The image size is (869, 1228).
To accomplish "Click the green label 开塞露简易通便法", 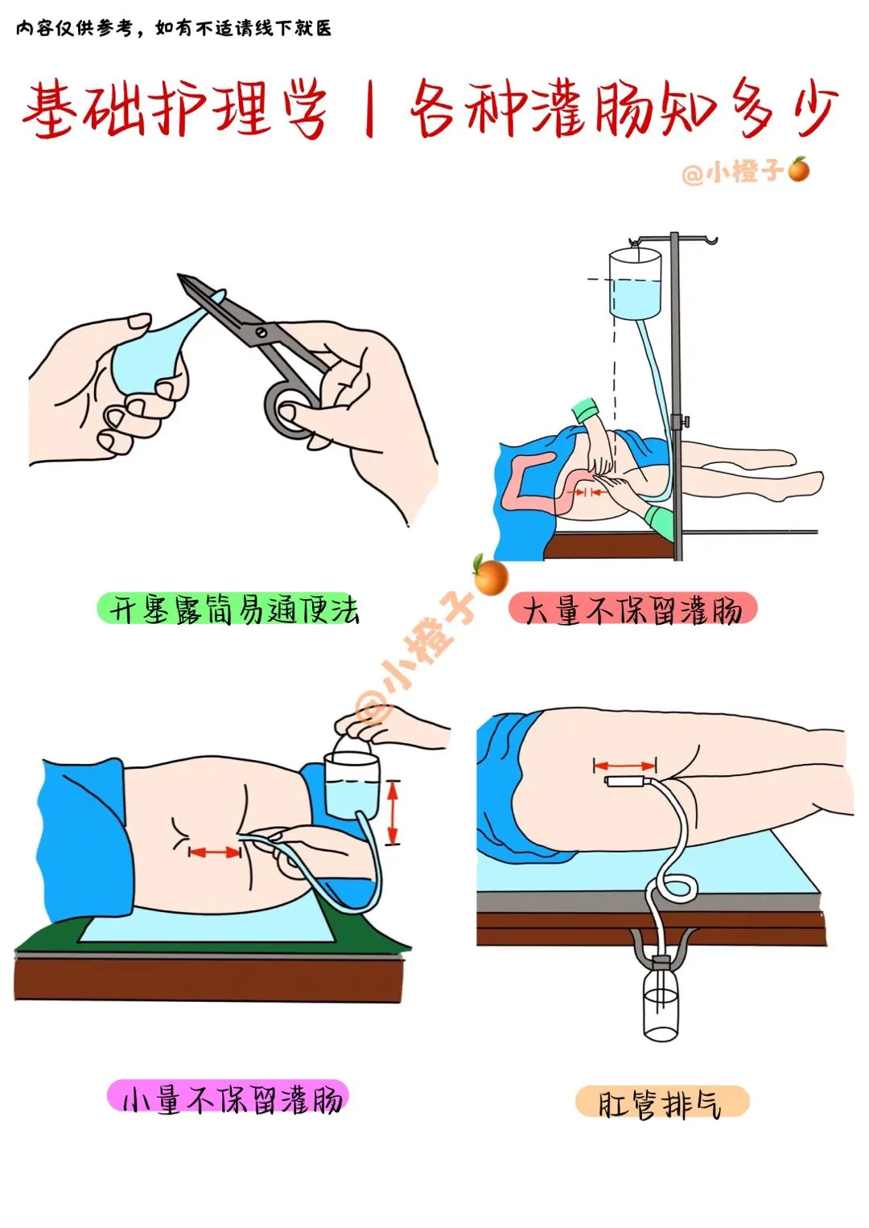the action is click(x=229, y=609).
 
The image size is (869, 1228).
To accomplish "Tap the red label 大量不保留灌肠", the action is click(x=632, y=609).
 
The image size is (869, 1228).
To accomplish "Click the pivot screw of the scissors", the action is click(x=262, y=331).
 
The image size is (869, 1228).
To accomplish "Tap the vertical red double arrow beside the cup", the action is click(x=393, y=812).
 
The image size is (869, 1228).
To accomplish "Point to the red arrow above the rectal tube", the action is click(x=625, y=766).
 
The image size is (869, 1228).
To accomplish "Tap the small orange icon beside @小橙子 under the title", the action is click(x=799, y=169).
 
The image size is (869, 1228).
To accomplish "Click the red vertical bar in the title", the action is click(x=369, y=108).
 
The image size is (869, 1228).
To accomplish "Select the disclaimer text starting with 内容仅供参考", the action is click(x=174, y=28).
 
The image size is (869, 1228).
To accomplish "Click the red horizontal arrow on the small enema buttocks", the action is click(x=215, y=852).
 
